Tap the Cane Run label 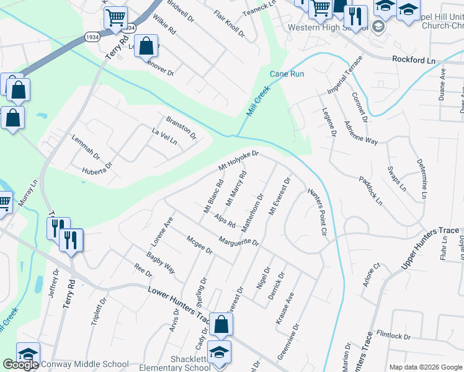pos(287,74)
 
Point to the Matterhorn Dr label pos(252,213)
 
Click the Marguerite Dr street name pos(238,241)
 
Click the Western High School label pos(328,28)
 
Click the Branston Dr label pos(181,127)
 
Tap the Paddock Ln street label pos(370,191)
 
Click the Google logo pos(20,364)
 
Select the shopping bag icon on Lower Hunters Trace pos(221,324)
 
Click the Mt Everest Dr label pos(279,197)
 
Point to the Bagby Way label pos(161,263)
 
